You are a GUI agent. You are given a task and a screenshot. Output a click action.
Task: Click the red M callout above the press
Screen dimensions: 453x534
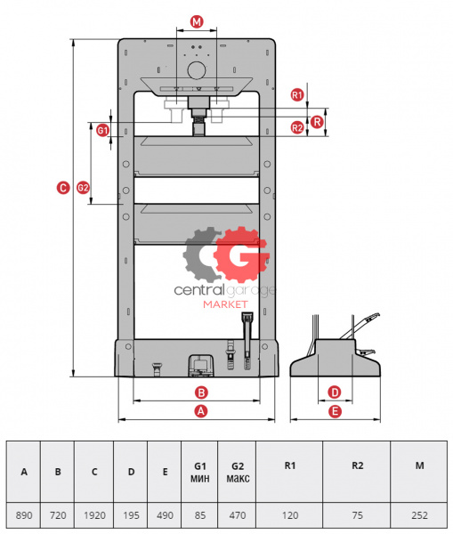[197, 22]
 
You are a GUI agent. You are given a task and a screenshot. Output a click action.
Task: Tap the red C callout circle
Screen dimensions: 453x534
[63, 188]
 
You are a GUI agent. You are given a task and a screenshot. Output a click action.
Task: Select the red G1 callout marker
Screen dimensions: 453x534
[102, 130]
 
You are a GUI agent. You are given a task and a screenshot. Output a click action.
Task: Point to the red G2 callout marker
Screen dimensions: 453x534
[83, 188]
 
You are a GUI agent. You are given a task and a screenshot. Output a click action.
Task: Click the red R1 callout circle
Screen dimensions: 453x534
[297, 94]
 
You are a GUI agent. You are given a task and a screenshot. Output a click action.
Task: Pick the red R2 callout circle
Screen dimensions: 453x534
[297, 127]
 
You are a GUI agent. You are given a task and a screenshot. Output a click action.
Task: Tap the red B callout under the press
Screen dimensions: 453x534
[201, 392]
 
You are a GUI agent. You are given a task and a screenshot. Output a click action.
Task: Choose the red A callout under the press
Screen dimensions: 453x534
[201, 411]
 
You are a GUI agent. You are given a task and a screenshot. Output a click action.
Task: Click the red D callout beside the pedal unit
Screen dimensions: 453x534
[335, 392]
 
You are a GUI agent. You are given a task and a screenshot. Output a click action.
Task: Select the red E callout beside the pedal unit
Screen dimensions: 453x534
[335, 411]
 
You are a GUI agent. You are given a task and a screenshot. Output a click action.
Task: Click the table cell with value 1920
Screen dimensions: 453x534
[94, 515]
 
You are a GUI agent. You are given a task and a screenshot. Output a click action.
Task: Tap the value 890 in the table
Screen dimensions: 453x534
[24, 515]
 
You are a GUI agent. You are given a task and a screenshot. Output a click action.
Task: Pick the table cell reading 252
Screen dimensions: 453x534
[419, 515]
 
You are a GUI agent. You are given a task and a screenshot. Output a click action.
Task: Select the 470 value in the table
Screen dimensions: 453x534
[238, 515]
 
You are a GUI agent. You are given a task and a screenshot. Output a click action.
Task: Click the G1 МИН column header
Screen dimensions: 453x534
[199, 472]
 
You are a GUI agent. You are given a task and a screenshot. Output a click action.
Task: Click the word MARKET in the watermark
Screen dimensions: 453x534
[225, 304]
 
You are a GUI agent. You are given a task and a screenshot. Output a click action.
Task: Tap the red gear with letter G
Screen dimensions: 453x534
[241, 254]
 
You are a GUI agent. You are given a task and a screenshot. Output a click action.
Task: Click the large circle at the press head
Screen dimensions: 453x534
[197, 70]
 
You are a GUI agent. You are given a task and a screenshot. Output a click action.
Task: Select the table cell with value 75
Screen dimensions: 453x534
[357, 515]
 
